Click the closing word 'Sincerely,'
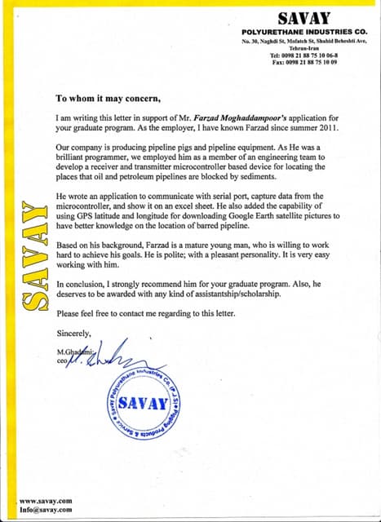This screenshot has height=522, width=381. (75, 333)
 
